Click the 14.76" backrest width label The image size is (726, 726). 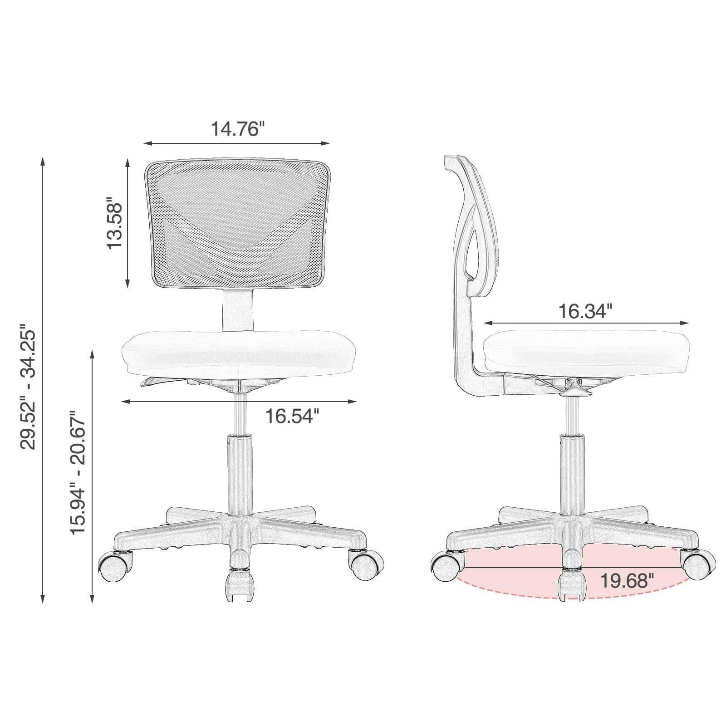[237, 128]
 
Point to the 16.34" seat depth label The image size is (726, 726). [585, 311]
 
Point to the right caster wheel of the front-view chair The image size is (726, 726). [366, 565]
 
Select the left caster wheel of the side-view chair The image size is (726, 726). [447, 565]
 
